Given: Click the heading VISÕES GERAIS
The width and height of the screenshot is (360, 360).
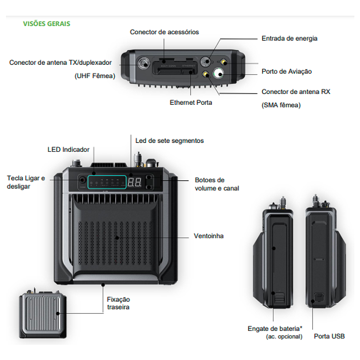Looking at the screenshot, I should [x=46, y=24].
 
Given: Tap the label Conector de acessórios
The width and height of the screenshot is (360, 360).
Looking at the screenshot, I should [x=164, y=32].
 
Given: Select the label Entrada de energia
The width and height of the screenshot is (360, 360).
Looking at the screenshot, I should [x=289, y=38].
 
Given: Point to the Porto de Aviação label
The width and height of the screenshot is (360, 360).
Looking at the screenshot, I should [x=287, y=72].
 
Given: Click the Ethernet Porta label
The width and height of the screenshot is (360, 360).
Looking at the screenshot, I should [x=191, y=103].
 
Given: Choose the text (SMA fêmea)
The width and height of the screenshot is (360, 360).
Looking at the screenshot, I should [x=281, y=105].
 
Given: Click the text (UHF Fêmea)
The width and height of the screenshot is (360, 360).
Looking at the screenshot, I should [x=95, y=76].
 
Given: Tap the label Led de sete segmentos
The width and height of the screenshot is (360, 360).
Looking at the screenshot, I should [x=169, y=140].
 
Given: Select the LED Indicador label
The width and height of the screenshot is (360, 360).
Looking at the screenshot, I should [x=68, y=149].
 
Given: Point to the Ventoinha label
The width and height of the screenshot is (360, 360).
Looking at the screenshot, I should [x=209, y=236].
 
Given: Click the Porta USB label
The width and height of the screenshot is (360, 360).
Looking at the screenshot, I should [x=329, y=336].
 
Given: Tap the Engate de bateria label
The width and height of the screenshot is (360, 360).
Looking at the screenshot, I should [x=274, y=329].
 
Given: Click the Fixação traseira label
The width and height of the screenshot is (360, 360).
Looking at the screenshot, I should [x=118, y=303].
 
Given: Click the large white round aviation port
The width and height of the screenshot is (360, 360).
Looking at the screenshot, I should [x=218, y=74].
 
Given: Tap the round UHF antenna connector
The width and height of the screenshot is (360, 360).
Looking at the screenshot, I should [x=144, y=64].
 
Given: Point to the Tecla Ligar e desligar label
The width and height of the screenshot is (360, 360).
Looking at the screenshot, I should [x=26, y=183].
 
